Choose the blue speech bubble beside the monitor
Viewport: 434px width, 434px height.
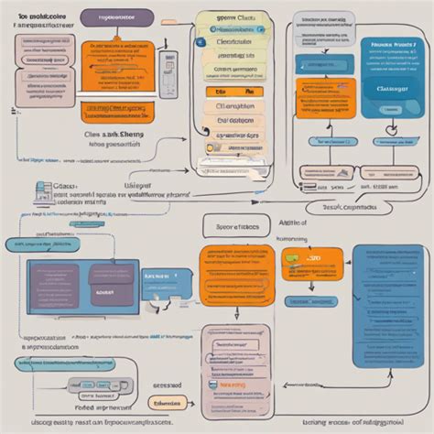point(166,280)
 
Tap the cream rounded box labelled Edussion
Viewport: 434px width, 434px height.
point(165,400)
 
